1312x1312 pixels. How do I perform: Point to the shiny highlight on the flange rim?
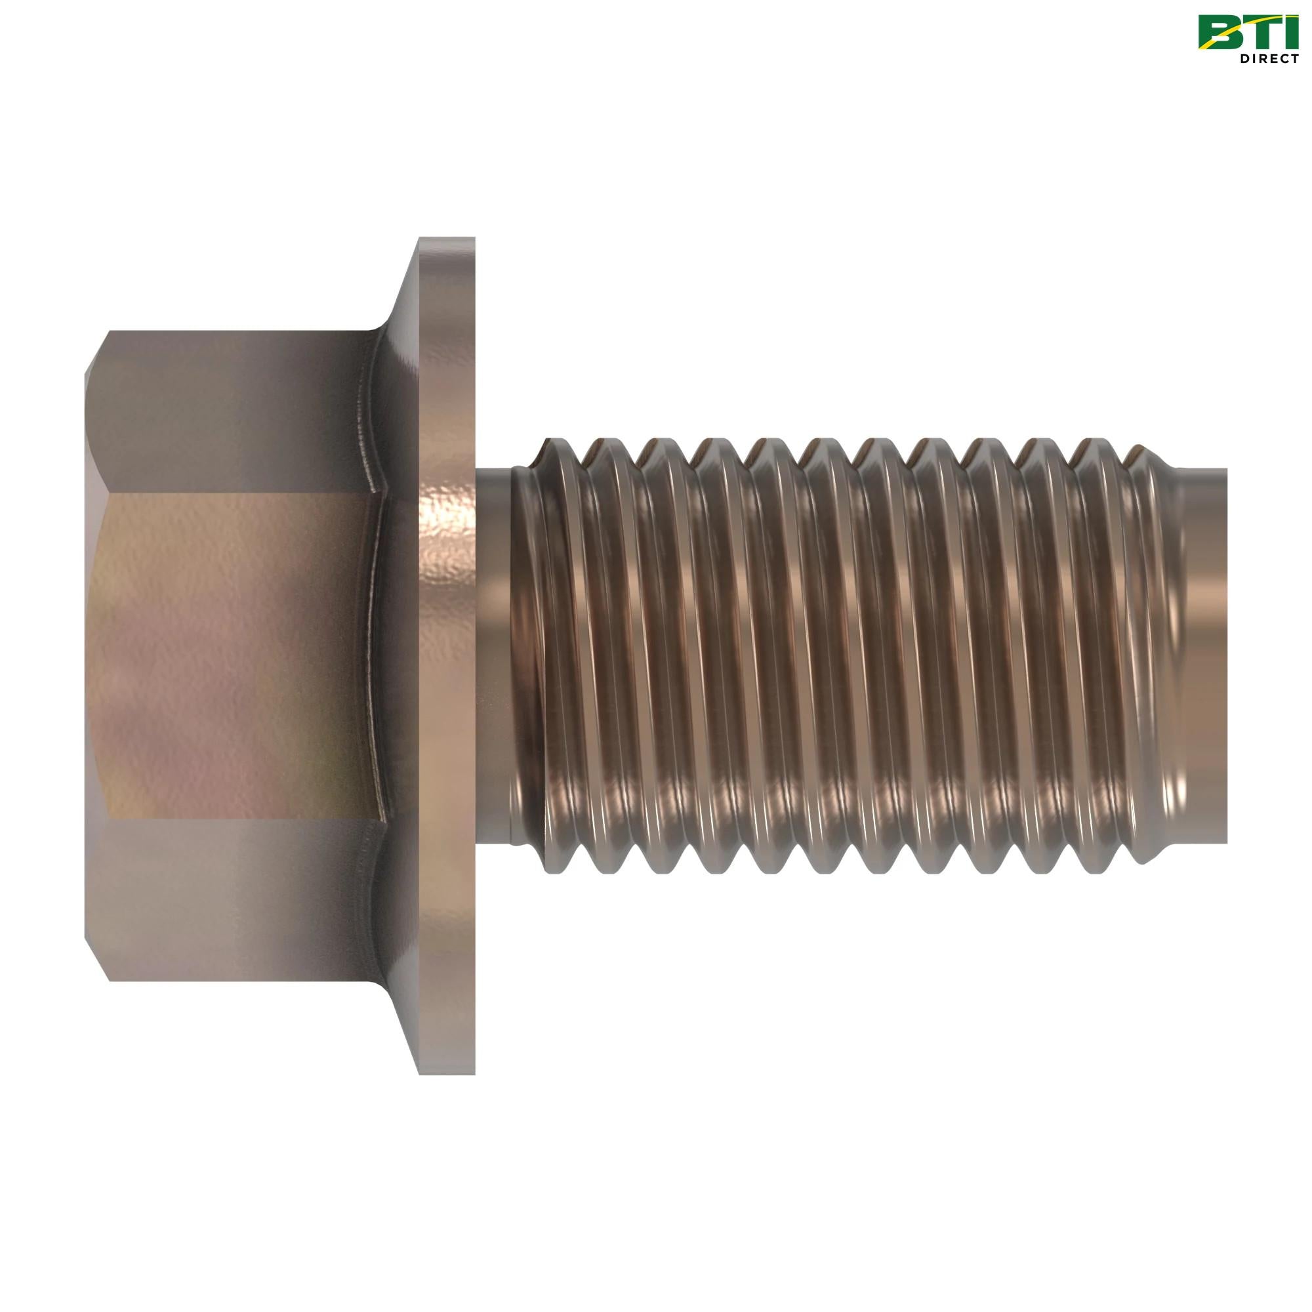point(445,537)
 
